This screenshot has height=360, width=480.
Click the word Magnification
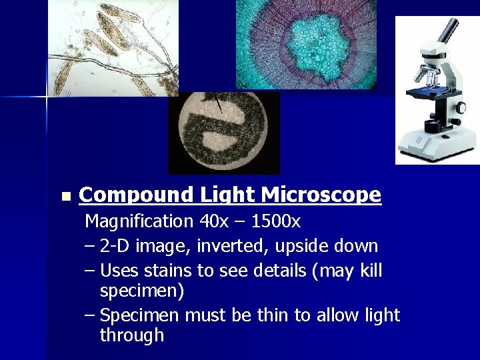(x=138, y=221)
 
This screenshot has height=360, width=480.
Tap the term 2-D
(x=115, y=246)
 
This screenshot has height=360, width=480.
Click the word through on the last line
(x=131, y=335)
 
